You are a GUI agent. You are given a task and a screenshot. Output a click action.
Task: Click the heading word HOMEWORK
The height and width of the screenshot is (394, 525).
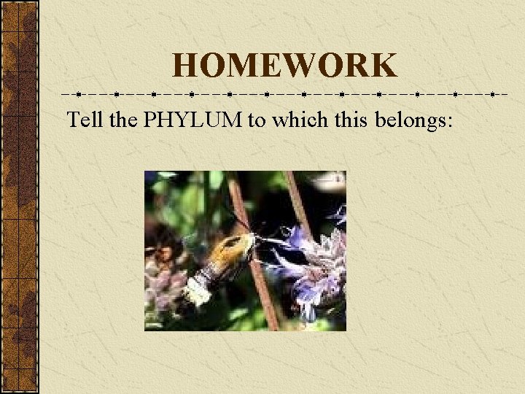285,66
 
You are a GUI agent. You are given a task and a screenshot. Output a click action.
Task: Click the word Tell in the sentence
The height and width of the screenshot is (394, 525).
85,120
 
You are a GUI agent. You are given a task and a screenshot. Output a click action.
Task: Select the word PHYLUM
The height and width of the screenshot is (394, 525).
193,120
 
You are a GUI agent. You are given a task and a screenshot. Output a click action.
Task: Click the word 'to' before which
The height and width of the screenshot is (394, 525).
256,120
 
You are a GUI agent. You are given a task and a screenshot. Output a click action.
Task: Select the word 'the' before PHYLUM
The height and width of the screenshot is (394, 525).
122,120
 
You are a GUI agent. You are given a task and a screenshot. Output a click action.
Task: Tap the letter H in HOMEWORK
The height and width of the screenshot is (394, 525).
185,66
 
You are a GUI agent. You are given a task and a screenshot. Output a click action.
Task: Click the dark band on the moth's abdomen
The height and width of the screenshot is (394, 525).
211,274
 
